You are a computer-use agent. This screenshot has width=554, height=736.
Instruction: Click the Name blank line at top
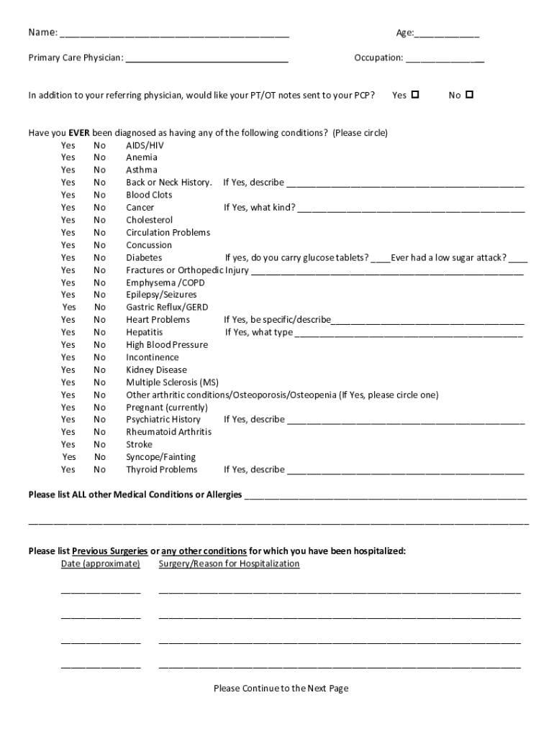(174, 34)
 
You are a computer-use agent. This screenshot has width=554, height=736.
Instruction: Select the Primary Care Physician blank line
(207, 58)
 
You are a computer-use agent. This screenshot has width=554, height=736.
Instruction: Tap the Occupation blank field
(444, 58)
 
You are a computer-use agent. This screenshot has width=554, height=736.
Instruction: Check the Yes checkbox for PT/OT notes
(415, 95)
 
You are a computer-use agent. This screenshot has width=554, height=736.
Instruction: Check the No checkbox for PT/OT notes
(470, 95)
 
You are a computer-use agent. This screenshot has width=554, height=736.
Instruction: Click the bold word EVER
(79, 133)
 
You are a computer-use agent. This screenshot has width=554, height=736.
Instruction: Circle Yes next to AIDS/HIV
(68, 145)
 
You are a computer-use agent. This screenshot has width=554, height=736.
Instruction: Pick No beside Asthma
(99, 170)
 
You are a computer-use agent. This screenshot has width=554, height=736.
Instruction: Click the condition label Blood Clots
(149, 195)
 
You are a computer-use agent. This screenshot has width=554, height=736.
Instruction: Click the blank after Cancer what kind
(411, 208)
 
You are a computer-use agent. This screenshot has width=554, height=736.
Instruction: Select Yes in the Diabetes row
(68, 257)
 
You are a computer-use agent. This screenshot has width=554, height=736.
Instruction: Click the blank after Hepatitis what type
(409, 333)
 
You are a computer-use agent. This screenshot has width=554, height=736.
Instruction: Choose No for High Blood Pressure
(99, 345)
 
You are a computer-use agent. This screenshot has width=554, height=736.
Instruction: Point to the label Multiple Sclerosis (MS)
(172, 382)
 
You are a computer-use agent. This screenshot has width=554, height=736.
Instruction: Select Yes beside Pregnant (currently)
(68, 408)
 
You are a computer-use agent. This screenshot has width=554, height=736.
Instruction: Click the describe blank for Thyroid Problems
(406, 470)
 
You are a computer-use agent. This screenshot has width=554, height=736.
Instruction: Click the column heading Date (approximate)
(101, 564)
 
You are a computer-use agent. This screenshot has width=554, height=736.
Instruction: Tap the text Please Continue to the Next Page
(281, 689)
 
